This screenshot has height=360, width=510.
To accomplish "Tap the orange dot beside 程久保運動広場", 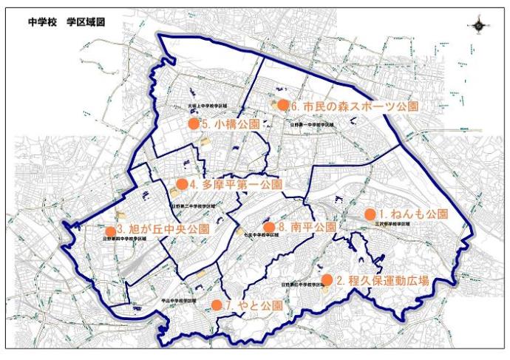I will pyautogui.click(x=327, y=279).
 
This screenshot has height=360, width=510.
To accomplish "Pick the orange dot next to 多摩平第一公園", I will pyautogui.click(x=181, y=183).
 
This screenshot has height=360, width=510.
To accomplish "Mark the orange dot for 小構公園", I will pyautogui.click(x=194, y=124).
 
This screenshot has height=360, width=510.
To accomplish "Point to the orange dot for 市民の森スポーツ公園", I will pyautogui.click(x=282, y=105).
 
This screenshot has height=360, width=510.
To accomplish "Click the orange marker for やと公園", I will pyautogui.click(x=217, y=305).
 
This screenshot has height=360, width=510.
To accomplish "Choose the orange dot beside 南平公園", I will pyautogui.click(x=269, y=226).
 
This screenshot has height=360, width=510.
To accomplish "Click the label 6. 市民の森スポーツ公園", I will pyautogui.click(x=355, y=106).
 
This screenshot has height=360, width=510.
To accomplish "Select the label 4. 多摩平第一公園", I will pyautogui.click(x=235, y=184).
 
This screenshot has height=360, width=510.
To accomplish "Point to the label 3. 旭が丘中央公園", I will pyautogui.click(x=163, y=229).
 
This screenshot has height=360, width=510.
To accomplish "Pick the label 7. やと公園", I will pyautogui.click(x=253, y=305).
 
